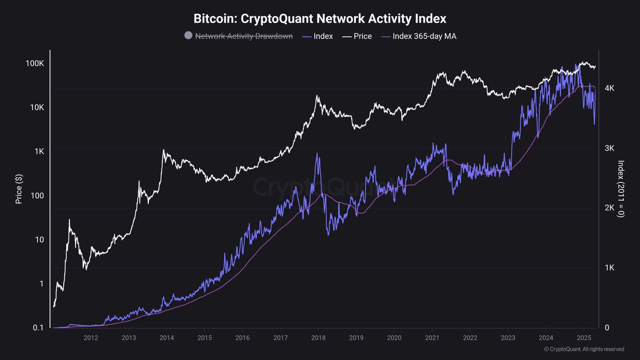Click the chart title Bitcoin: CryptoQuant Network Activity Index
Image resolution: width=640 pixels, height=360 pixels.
(319, 18)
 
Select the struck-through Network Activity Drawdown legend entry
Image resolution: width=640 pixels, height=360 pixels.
(244, 36)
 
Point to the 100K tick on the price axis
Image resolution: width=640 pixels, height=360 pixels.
(35, 63)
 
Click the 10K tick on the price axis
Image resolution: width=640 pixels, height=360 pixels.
(37, 108)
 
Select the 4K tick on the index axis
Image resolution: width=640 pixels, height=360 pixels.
(610, 89)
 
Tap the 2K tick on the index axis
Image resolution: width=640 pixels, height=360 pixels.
(610, 208)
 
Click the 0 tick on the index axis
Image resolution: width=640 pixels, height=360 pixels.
(606, 327)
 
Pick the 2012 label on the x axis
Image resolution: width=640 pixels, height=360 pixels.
(90, 338)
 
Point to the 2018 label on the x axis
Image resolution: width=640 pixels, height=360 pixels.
(318, 338)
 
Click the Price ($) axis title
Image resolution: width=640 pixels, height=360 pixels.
(19, 189)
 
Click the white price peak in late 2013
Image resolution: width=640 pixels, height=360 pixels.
(164, 150)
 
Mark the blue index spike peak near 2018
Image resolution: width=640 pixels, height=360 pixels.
(318, 154)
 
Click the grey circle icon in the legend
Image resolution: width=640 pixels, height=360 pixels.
(188, 36)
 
